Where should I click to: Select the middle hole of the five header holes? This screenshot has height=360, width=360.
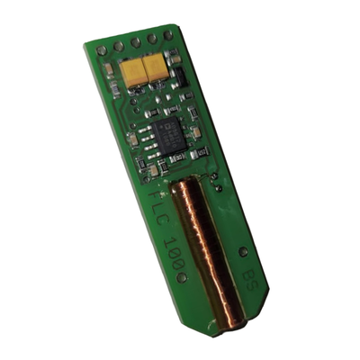(134, 40)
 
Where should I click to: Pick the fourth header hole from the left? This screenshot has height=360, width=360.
(150, 37)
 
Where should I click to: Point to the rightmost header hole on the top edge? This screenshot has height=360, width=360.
(166, 33)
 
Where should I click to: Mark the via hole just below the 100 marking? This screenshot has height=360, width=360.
(182, 277)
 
